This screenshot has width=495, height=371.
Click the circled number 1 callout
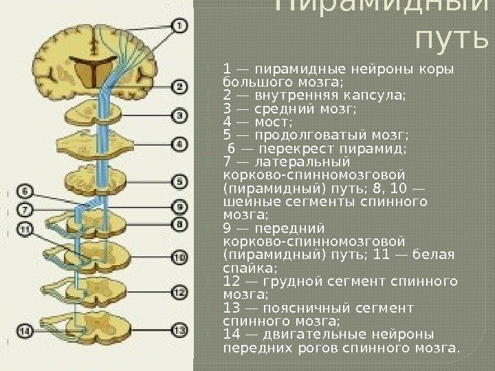point(178,27)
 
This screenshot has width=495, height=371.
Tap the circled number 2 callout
point(178,87)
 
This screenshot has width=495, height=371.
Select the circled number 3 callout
point(178,116)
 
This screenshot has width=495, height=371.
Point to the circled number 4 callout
point(179,145)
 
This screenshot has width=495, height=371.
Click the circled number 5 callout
point(179,182)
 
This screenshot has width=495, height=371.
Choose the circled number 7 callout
point(24,209)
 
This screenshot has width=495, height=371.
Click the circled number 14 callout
point(25,331)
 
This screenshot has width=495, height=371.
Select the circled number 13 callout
point(179,330)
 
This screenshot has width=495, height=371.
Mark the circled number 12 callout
point(179,293)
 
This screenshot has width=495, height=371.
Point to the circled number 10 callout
point(179,258)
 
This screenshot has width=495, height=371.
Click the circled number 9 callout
point(179,206)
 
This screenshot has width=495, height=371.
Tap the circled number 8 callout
point(179,224)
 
